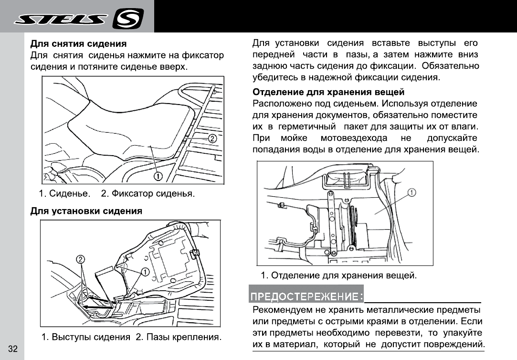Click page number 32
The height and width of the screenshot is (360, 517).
[13, 349]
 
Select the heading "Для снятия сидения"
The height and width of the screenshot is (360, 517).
[78, 45]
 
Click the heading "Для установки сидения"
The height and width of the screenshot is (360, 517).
[86, 211]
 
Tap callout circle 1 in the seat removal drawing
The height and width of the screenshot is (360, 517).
[157, 177]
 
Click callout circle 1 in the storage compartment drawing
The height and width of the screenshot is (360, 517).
[411, 192]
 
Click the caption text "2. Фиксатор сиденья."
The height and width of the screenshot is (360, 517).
[148, 194]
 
